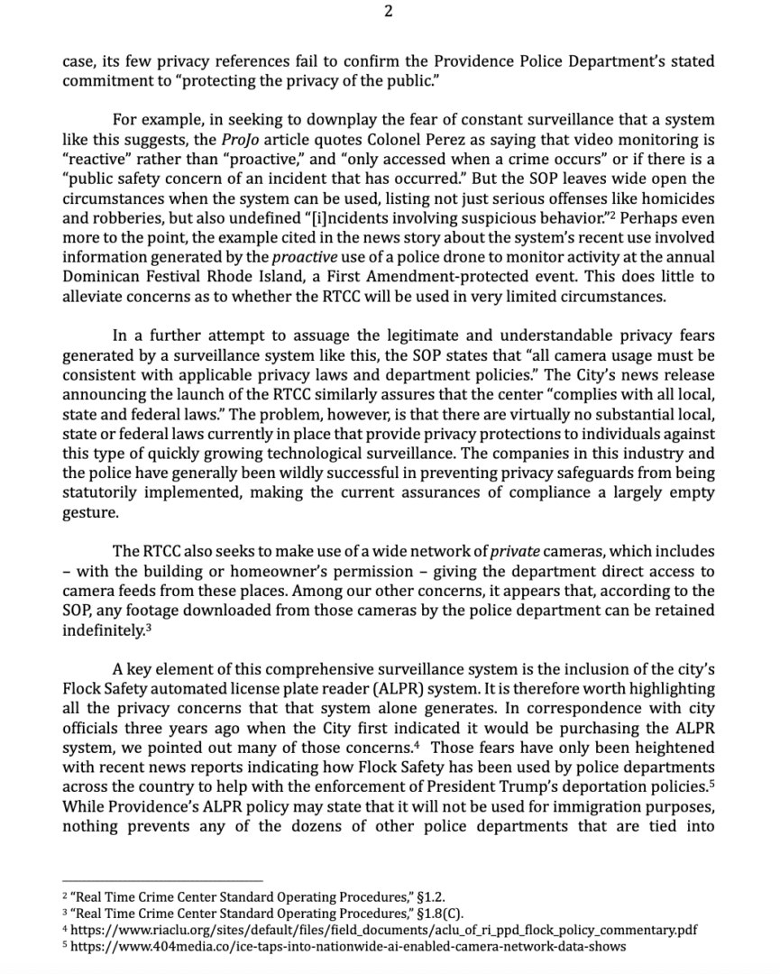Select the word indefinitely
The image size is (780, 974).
(102, 630)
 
